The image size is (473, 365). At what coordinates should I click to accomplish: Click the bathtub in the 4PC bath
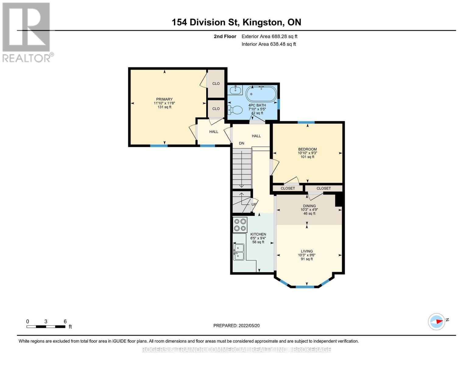pos(261,94)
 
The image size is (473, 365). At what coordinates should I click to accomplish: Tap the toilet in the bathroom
pos(235,110)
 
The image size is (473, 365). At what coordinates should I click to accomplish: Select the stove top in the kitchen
pos(240,225)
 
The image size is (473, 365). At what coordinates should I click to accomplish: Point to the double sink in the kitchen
pos(238,252)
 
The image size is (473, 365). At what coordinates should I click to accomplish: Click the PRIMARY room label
pos(164,99)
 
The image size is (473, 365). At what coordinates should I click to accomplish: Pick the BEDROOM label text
pos(307,149)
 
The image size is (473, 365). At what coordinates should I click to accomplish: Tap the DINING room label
pos(309,206)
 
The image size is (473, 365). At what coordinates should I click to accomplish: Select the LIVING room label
pos(307,251)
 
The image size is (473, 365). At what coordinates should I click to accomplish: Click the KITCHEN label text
pos(258,234)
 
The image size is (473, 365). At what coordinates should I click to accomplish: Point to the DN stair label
pos(242,143)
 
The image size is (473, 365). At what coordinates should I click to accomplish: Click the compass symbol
pos(436,322)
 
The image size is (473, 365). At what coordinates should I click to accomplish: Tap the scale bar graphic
pos(46,326)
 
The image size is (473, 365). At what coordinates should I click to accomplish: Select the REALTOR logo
pos(27,33)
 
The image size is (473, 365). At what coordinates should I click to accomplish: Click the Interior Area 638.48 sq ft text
pos(269,44)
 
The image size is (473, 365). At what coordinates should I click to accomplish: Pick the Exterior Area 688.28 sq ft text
pos(270,36)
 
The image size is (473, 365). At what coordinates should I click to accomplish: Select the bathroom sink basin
pos(235,89)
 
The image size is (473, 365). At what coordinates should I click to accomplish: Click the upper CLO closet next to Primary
pos(216,83)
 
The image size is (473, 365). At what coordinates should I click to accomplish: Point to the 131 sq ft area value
pos(164,107)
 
